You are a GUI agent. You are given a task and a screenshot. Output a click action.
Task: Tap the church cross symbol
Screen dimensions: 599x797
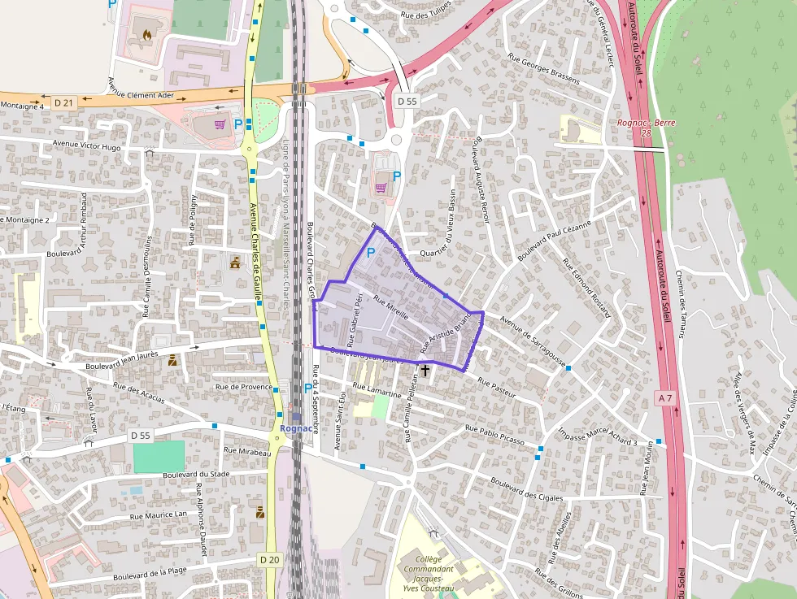(x=425, y=370)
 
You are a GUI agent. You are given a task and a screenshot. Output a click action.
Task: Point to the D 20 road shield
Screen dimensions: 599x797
(x=270, y=559)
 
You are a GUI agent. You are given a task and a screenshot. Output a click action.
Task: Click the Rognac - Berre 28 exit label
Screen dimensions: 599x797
(x=646, y=128)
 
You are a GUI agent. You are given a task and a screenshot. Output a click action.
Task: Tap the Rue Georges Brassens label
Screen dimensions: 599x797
(x=543, y=70)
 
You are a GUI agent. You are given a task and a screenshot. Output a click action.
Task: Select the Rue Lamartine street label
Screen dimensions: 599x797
(x=380, y=393)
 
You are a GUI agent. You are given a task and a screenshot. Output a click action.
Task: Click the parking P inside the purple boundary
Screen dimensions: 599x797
(x=371, y=254)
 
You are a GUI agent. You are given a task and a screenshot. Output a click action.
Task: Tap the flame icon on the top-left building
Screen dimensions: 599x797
(x=147, y=35)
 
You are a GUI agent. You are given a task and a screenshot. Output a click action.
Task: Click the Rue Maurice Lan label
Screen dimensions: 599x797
(x=159, y=514)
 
